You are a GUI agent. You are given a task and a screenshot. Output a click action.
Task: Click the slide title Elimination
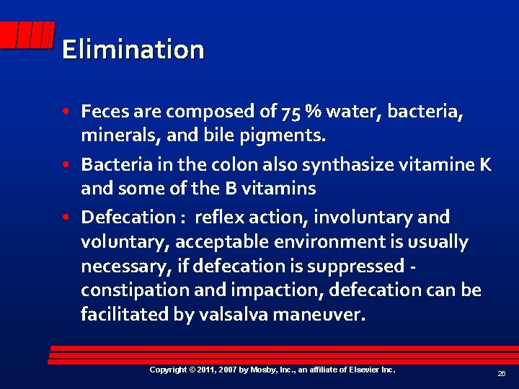(133, 50)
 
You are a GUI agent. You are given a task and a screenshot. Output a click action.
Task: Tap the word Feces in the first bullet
(101, 112)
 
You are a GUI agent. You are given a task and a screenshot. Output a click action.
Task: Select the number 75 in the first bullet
(292, 112)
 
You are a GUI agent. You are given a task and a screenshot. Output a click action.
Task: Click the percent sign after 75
(314, 112)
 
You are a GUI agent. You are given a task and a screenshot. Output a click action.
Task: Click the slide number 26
(501, 374)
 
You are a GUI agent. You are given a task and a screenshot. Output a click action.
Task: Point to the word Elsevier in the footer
(358, 370)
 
